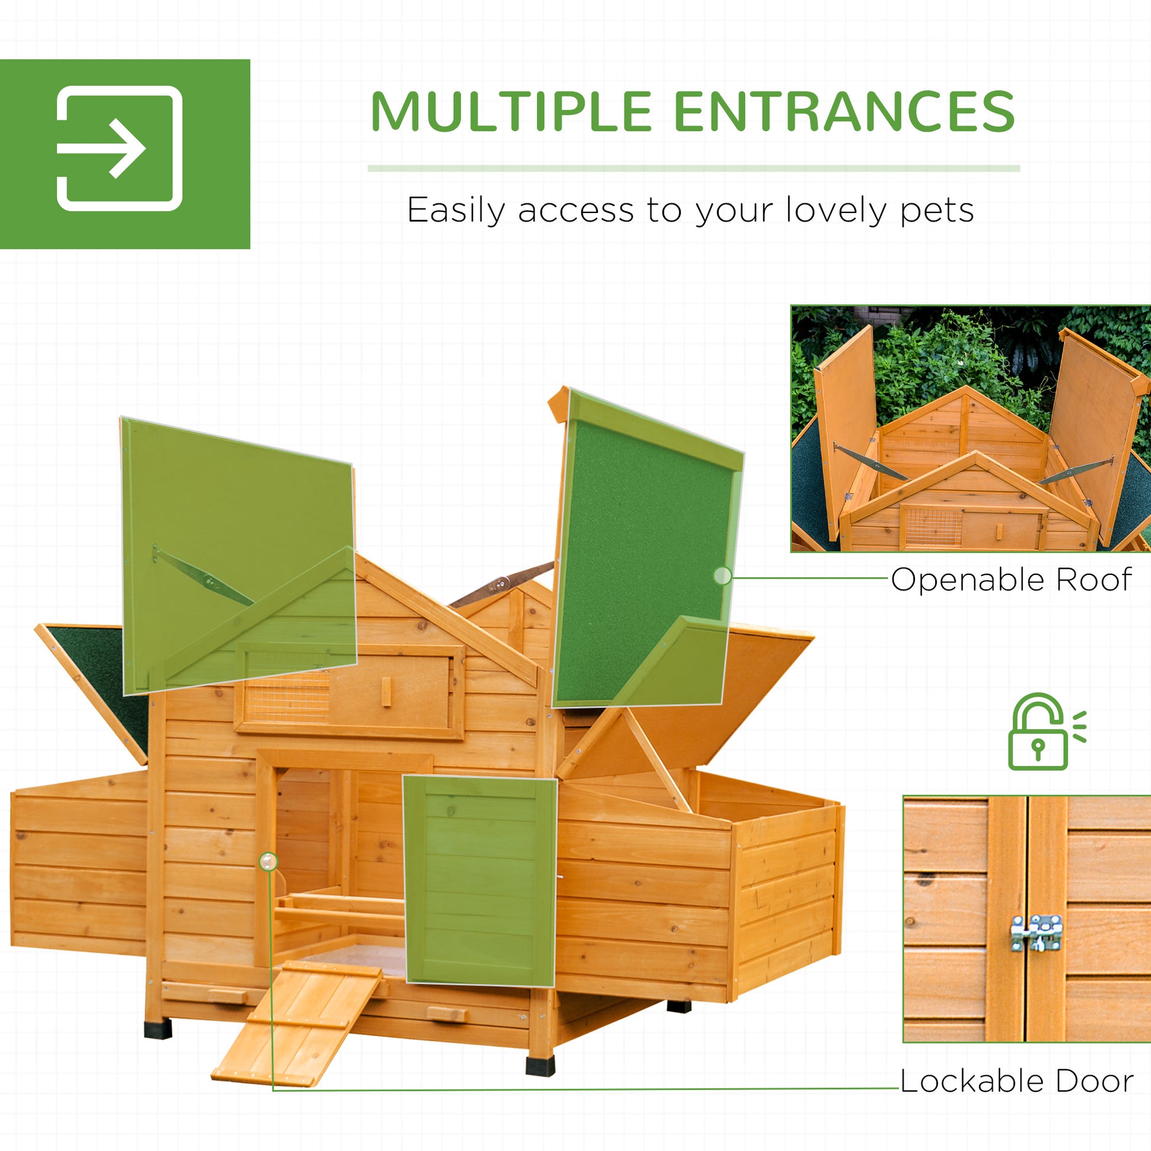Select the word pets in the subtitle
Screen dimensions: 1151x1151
point(936,211)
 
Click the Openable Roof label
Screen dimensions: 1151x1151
point(1011,580)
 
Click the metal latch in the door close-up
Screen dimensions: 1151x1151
point(1037,933)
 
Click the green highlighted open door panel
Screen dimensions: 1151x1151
point(480,881)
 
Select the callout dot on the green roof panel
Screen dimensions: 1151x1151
point(722,575)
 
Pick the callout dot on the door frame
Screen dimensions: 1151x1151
point(269,861)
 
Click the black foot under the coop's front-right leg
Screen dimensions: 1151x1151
point(541,1066)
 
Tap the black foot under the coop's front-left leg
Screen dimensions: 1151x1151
point(158,1029)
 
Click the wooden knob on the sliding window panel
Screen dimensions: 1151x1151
point(386,692)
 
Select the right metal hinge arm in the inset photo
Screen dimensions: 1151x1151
point(1075,471)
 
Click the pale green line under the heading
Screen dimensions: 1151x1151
point(693,169)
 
